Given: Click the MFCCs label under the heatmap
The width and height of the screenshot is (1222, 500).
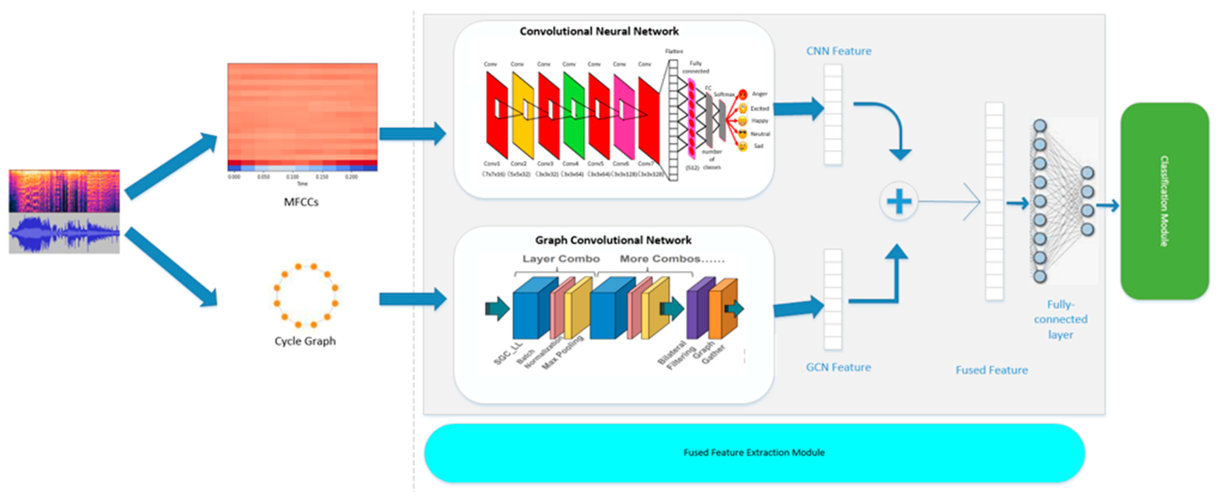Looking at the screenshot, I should (x=301, y=202).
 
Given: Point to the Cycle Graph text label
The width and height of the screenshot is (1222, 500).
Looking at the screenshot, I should (x=305, y=341).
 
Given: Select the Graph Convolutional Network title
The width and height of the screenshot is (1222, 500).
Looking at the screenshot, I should (x=613, y=240).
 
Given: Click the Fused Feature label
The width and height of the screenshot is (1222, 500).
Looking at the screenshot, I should (x=991, y=370).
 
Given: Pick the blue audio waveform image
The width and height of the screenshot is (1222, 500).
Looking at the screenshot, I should (x=64, y=233).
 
